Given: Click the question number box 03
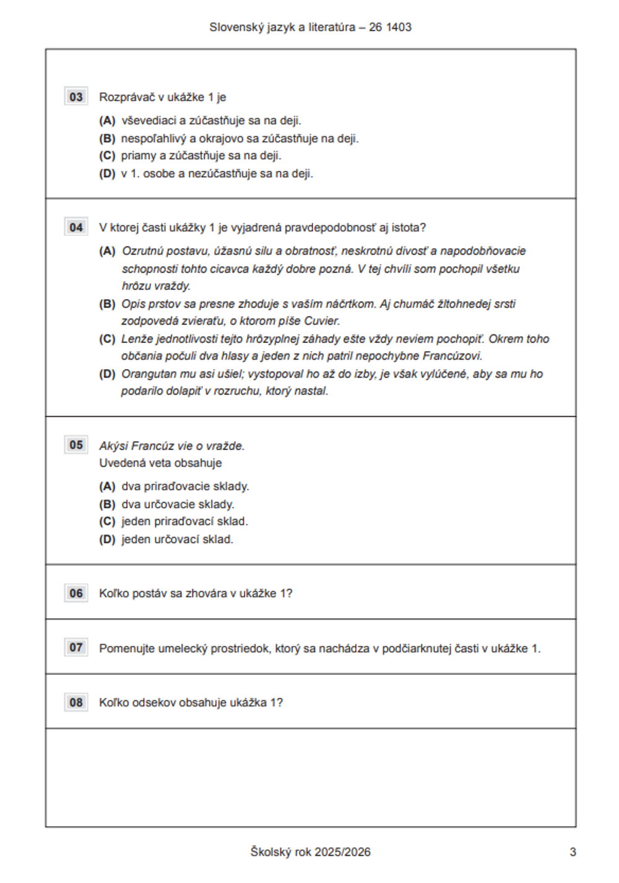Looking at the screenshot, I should (x=76, y=97).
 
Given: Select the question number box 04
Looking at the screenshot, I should (x=76, y=227).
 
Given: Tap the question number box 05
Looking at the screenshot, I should (x=76, y=445).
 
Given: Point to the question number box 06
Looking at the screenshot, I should (x=76, y=593).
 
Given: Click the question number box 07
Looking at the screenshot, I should (x=76, y=648).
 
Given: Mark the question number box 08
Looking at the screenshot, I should (x=76, y=702).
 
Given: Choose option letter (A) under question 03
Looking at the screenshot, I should (x=107, y=121).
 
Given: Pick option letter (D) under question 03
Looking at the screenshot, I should (x=107, y=174).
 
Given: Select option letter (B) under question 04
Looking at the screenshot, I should (x=107, y=304).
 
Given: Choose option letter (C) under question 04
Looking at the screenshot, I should (x=107, y=339).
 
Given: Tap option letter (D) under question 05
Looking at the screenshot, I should (x=107, y=539).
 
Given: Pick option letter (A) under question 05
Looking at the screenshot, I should (x=107, y=487).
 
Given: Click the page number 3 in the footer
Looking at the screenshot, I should (x=573, y=852).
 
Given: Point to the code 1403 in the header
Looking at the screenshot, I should (x=399, y=27).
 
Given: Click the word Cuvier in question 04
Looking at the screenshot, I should (x=321, y=321).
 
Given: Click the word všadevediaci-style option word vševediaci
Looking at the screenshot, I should (x=149, y=121).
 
